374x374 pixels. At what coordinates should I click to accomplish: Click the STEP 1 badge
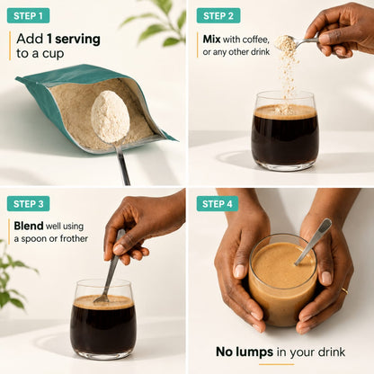click(28, 15)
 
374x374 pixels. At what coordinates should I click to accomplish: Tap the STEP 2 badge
click(218, 15)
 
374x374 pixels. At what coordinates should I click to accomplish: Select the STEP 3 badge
click(28, 204)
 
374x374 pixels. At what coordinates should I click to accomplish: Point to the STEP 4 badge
click(218, 204)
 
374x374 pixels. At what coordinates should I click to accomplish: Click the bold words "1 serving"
click(74, 40)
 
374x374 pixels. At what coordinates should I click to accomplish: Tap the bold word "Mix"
click(211, 40)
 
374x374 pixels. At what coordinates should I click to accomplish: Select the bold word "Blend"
click(29, 226)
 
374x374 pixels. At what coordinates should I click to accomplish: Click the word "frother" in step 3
click(74, 238)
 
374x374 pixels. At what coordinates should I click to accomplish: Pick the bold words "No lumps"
click(245, 352)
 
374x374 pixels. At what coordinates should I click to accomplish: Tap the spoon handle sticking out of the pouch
click(123, 164)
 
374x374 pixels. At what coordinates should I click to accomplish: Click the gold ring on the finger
click(344, 290)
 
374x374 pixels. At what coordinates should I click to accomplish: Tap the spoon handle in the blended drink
click(314, 242)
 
